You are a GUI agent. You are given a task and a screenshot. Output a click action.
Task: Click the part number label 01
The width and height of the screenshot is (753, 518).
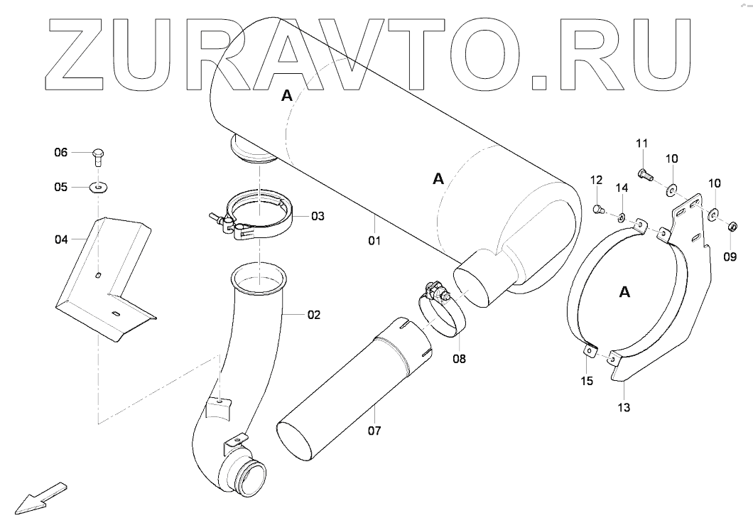click(374, 241)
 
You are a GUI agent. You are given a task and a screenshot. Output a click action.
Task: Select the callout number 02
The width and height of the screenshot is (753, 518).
click(313, 314)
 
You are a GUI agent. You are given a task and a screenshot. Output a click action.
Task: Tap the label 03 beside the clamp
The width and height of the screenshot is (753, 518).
click(316, 215)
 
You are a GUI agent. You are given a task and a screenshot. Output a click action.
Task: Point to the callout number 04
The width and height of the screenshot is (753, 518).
click(62, 240)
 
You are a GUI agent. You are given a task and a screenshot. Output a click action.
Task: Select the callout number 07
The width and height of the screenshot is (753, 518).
click(374, 431)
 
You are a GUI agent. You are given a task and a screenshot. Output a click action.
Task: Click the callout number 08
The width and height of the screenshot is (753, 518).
click(459, 359)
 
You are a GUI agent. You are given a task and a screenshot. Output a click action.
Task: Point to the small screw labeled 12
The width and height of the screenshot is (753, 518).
click(597, 209)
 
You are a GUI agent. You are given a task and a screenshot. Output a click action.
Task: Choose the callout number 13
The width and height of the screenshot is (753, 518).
click(624, 408)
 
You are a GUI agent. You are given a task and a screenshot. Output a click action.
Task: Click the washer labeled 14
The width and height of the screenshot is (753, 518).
click(621, 217)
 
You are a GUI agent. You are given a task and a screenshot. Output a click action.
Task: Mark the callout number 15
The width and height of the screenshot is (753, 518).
click(586, 382)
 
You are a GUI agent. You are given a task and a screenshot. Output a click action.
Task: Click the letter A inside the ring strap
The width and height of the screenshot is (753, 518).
click(624, 291)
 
